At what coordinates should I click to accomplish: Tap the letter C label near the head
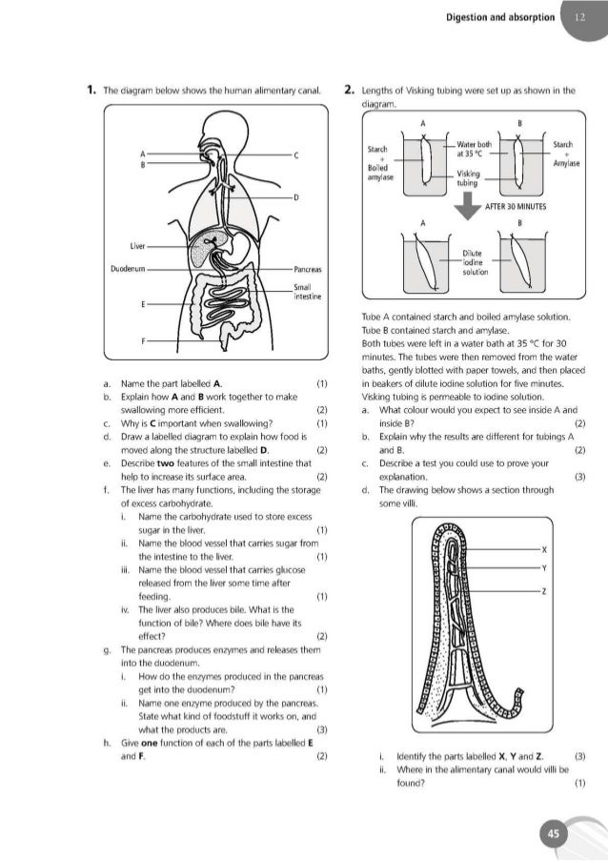tap(296, 154)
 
